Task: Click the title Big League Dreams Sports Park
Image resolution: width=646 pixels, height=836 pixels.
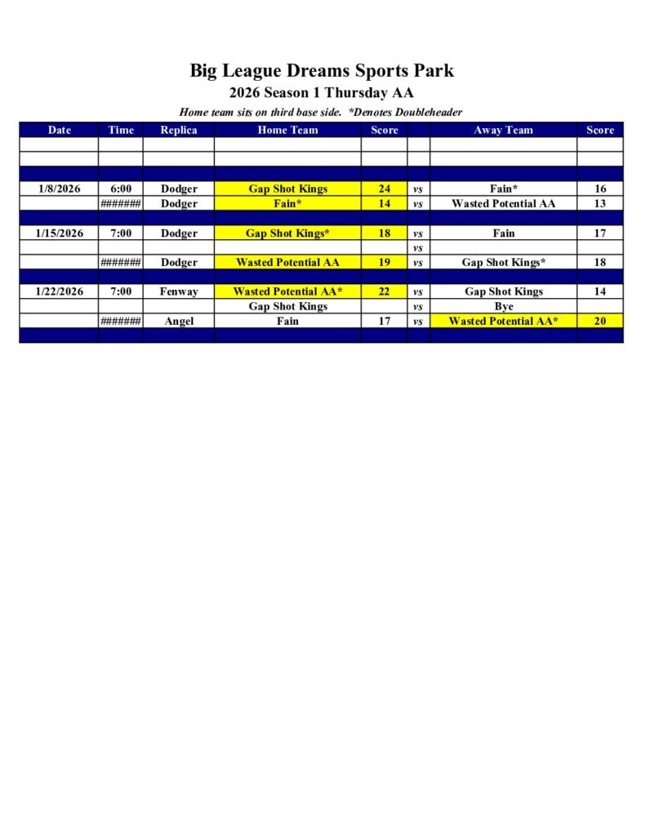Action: [x=322, y=70]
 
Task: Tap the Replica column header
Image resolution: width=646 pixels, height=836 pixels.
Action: [x=178, y=130]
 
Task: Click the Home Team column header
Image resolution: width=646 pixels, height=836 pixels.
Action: [x=287, y=130]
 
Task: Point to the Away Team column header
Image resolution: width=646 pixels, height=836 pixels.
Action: [x=503, y=130]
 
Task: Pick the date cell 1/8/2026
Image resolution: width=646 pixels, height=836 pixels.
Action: [x=60, y=189]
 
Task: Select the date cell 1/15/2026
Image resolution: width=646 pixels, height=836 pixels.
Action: [x=60, y=233]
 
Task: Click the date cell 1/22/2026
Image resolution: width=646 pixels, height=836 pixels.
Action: [x=60, y=291]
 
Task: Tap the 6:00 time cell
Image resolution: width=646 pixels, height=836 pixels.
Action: [x=121, y=189]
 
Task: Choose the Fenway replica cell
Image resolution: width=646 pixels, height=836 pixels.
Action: [x=178, y=291]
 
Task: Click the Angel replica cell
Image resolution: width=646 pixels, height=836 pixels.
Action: [x=178, y=321]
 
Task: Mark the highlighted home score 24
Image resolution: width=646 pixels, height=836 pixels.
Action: [x=384, y=189]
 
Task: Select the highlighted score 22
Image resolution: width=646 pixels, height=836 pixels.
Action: [x=384, y=291]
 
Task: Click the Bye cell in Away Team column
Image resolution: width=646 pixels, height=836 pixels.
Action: [x=503, y=306]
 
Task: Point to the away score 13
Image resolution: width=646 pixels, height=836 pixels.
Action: [x=600, y=203]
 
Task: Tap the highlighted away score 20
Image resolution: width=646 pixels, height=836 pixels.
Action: [x=600, y=321]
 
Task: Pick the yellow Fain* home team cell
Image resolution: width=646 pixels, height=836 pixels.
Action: [x=287, y=203]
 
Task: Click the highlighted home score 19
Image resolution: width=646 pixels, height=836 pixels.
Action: [x=384, y=262]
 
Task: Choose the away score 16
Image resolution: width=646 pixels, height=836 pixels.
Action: [x=600, y=189]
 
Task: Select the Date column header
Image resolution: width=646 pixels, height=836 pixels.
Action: [x=60, y=130]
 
